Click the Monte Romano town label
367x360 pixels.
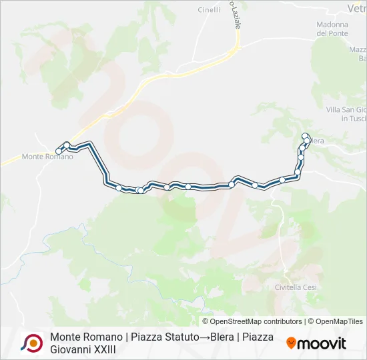(47, 157)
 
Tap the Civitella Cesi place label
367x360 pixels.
(296, 287)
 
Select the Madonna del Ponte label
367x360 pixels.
(332, 29)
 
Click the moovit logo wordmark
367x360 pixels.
(322, 344)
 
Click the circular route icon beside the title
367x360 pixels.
(31, 343)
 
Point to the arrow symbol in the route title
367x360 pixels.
(204, 337)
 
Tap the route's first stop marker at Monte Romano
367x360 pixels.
(59, 151)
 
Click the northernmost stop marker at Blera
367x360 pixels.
(306, 136)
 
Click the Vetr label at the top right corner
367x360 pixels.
(357, 8)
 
